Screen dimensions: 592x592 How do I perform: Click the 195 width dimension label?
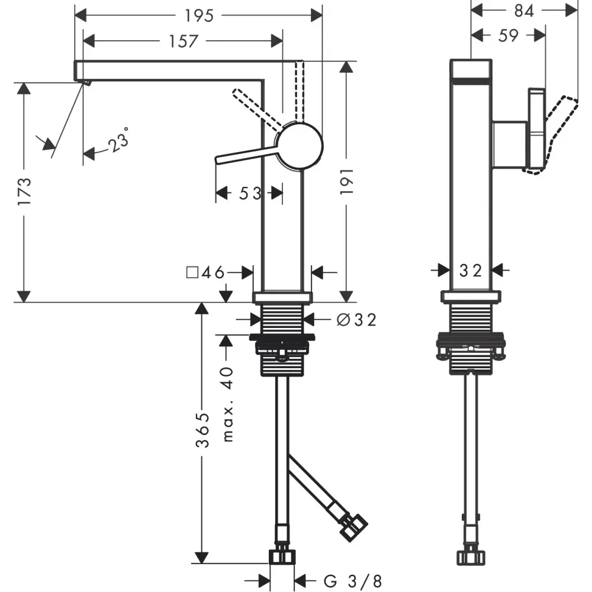pos(198,16)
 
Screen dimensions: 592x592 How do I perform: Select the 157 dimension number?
pos(183,41)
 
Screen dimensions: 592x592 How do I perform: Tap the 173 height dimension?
pos(24,191)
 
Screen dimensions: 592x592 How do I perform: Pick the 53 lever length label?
pos(248,193)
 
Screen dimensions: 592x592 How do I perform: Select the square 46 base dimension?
pos(205,272)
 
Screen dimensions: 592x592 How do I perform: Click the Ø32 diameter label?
pos(356,320)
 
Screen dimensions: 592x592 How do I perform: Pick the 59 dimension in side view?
pos(508,36)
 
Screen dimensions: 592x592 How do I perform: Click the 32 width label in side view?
pos(471,271)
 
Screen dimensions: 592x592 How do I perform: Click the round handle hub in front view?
pos(300,146)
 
